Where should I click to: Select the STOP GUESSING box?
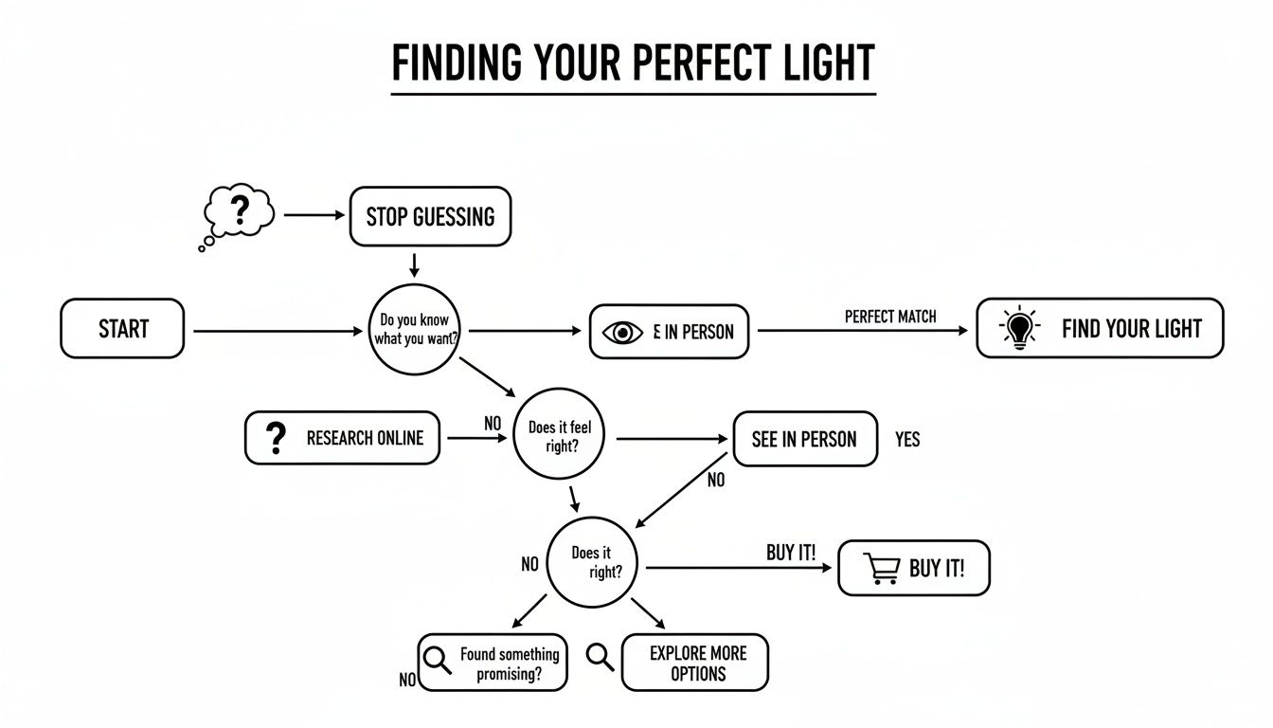430,216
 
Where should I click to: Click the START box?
122,329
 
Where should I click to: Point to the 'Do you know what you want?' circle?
413,330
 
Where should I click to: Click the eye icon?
622,333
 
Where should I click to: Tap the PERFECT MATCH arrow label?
889,317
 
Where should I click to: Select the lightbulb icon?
1018,329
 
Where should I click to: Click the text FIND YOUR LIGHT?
1131,329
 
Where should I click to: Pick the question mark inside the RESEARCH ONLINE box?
276,438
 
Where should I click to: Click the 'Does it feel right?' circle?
560,437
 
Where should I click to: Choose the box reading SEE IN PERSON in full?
804,439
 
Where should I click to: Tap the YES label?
906,440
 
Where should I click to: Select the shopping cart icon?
881,569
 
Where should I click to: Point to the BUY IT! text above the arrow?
790,553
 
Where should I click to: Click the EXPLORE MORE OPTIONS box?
696,663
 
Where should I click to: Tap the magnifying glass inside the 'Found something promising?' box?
438,659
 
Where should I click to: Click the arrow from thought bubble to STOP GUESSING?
314,215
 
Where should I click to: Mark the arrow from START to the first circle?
278,331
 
